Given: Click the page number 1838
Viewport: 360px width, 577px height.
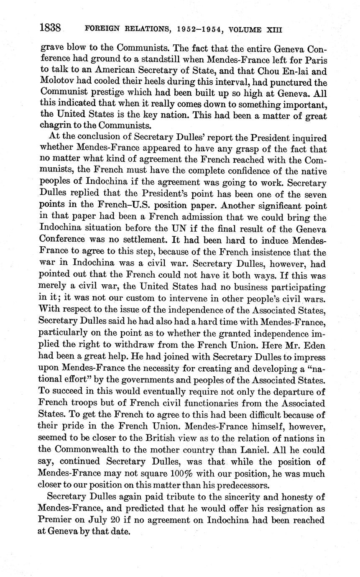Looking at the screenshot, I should coord(51,28).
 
